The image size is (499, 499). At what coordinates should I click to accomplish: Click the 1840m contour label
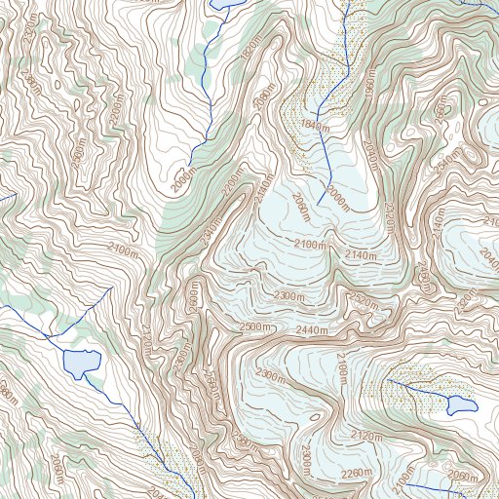(x=314, y=127)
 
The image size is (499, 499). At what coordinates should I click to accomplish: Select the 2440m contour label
(x=313, y=331)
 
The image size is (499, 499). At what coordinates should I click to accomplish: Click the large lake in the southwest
(x=80, y=363)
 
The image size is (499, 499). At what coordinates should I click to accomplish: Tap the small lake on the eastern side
(x=461, y=404)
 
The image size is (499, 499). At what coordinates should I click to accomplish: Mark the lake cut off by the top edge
(x=230, y=3)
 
